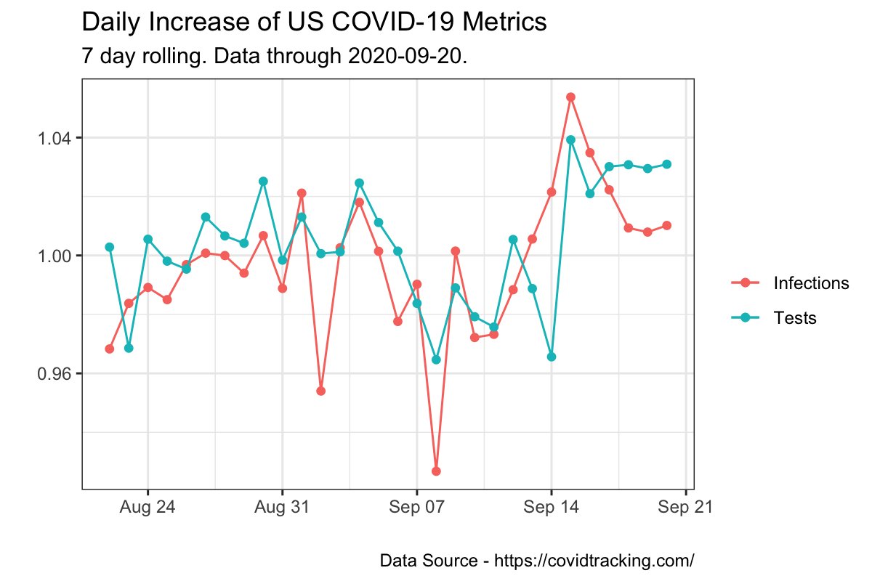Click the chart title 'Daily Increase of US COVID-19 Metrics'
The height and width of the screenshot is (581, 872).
click(x=314, y=23)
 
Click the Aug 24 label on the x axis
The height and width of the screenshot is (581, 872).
click(x=148, y=508)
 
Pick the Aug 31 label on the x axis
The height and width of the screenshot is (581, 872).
click(x=282, y=508)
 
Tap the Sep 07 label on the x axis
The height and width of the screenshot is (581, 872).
click(x=416, y=508)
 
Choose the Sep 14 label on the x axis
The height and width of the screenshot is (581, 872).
click(x=551, y=508)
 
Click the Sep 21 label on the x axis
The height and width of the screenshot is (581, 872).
click(x=685, y=508)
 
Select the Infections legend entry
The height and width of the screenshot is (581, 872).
click(x=811, y=283)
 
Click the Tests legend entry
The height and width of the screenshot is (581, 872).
click(x=795, y=318)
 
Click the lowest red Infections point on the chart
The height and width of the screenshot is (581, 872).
click(x=436, y=471)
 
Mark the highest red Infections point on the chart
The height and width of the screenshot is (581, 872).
click(x=571, y=97)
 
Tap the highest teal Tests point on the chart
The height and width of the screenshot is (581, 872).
click(x=571, y=139)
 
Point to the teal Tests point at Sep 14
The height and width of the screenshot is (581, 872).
click(x=552, y=357)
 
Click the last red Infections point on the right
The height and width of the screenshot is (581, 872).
click(x=666, y=225)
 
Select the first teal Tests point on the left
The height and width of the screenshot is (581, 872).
click(x=110, y=247)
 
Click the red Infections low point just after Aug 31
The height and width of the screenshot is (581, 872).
click(x=320, y=391)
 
